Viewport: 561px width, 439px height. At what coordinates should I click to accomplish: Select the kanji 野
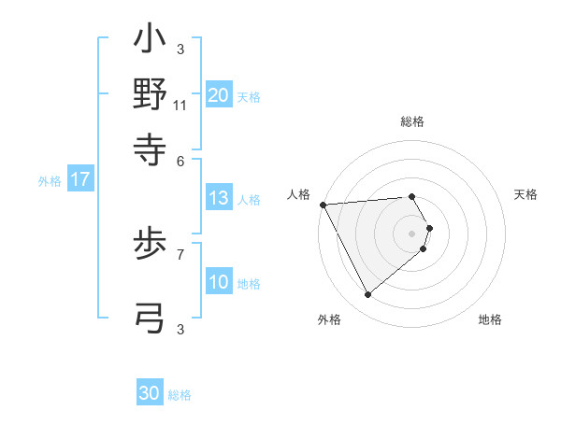(150, 94)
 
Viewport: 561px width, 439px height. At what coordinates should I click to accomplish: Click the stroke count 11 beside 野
(180, 106)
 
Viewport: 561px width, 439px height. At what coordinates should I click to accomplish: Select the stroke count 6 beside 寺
(180, 162)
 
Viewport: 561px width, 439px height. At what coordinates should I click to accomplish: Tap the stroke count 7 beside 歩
(180, 253)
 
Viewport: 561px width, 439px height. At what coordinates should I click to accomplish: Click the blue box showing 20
(219, 94)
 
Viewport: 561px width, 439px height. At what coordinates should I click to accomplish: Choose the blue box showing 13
(219, 198)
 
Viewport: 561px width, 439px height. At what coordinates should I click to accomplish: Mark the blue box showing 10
(219, 282)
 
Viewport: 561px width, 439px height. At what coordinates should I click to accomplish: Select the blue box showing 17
(80, 180)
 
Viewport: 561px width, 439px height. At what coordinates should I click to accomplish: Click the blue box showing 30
(150, 393)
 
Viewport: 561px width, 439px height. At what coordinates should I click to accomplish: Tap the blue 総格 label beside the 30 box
(180, 395)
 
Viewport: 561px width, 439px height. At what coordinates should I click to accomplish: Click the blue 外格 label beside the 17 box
(50, 181)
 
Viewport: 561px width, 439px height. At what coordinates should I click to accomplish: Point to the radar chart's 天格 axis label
(525, 194)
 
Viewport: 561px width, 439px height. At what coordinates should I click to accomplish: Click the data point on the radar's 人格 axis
(322, 205)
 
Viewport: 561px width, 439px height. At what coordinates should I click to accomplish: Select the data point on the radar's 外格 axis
(367, 295)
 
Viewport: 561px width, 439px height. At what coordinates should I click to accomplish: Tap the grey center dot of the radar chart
(412, 232)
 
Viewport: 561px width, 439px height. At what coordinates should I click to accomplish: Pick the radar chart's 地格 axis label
(490, 319)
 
